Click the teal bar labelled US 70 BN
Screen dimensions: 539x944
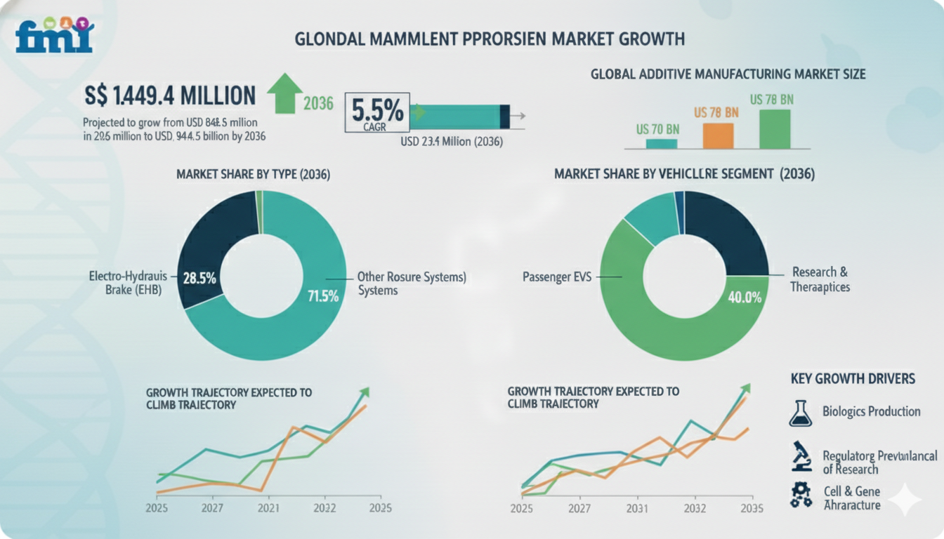click(x=661, y=143)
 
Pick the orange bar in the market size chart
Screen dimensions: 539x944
click(x=718, y=135)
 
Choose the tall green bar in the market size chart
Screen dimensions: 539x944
click(x=774, y=128)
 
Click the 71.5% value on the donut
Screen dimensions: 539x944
click(x=323, y=295)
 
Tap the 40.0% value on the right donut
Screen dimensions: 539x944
click(x=744, y=297)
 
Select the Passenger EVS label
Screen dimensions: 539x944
click(x=557, y=277)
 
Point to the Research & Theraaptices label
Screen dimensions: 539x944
click(x=820, y=279)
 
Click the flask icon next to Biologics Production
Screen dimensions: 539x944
click(x=800, y=413)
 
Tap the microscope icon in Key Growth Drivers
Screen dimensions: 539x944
click(x=800, y=456)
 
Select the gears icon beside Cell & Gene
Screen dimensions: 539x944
click(x=800, y=495)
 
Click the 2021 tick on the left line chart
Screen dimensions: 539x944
click(x=265, y=508)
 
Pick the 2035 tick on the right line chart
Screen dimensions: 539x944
click(x=750, y=509)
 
